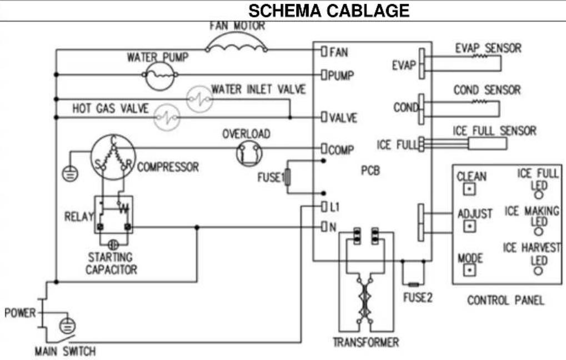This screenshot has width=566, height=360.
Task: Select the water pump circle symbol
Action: [160, 76]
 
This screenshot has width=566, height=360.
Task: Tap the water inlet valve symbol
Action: [199, 98]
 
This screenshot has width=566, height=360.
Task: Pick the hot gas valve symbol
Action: [167, 117]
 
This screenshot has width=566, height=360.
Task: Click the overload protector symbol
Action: [249, 153]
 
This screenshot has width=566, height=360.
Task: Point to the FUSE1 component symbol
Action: [287, 177]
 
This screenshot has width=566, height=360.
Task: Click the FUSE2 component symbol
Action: [413, 284]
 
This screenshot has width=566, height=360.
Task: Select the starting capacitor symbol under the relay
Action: [113, 245]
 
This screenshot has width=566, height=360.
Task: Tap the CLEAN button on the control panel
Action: [469, 189]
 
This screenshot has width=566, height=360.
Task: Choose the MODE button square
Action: [469, 270]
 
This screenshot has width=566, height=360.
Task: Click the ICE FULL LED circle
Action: [538, 194]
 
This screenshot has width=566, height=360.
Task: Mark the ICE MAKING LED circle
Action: [538, 232]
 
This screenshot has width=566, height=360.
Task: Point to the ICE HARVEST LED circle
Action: [538, 271]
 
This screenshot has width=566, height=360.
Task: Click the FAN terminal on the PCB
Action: [324, 51]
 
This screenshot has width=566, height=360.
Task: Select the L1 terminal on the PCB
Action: [324, 207]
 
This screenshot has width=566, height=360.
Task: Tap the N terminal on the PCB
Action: [324, 227]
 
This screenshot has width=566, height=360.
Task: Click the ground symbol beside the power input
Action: [68, 326]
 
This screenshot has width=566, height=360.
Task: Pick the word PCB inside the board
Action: [370, 171]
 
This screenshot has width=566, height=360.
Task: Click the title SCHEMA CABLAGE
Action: [329, 11]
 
